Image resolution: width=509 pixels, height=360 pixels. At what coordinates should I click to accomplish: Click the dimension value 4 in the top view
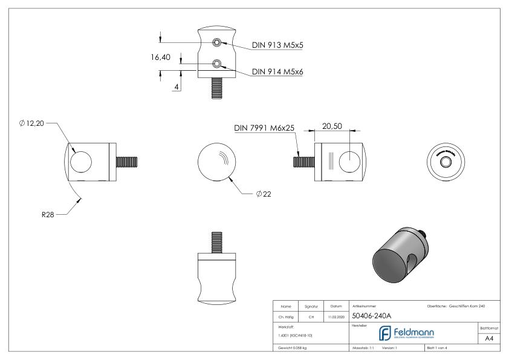[x=177, y=87]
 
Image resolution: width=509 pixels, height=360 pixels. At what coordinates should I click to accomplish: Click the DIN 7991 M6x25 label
[x=264, y=128]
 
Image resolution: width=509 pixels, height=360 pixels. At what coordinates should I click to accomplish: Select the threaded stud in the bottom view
[x=216, y=240]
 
